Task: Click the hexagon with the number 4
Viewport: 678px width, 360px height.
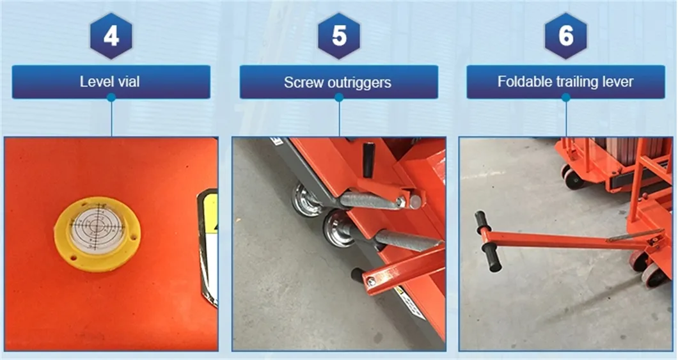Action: pos(111,36)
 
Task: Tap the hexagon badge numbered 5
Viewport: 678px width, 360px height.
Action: pos(339,36)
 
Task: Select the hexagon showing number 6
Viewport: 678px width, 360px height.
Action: pos(565,36)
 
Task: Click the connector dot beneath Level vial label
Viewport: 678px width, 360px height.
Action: pos(111,98)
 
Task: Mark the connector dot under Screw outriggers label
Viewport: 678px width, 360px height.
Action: pos(339,98)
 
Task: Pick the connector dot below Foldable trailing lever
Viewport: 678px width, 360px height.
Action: pos(565,98)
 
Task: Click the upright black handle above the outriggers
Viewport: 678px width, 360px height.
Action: pos(368,159)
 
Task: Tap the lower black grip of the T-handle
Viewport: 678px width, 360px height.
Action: pos(493,259)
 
